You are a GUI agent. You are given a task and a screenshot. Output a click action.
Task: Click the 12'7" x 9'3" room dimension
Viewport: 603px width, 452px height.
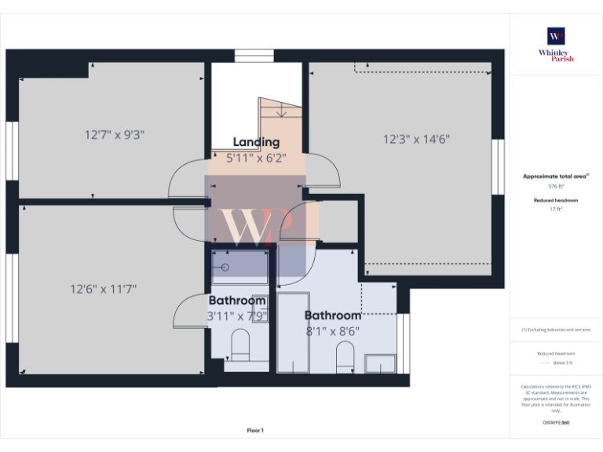tap(115, 134)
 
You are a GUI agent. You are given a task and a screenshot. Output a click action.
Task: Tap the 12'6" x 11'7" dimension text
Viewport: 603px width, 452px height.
tap(104, 289)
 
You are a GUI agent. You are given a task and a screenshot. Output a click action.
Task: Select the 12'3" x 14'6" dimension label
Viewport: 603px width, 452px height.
tap(416, 140)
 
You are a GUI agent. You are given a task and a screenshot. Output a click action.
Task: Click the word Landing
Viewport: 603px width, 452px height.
tap(256, 142)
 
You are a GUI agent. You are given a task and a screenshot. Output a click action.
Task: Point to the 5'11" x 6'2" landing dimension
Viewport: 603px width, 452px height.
tap(256, 158)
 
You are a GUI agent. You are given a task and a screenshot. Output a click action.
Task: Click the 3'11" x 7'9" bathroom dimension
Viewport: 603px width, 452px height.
tap(237, 316)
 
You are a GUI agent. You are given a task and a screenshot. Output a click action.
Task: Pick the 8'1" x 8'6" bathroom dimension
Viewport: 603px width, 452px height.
tap(333, 331)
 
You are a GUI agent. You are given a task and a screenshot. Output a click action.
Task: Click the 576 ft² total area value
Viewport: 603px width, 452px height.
tap(556, 187)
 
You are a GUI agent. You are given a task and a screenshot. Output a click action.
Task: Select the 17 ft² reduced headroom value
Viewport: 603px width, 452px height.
tap(556, 210)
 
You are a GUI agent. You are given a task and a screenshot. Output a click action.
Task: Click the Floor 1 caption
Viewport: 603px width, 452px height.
tap(255, 430)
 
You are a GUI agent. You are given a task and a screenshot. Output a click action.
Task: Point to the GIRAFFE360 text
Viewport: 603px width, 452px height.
tap(556, 423)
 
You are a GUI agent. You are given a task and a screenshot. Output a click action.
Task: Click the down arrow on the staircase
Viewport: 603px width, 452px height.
tap(281, 112)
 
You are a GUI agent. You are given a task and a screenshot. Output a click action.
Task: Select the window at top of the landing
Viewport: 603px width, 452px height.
tap(254, 56)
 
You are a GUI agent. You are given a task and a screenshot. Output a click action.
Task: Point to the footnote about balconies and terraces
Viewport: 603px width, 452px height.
tap(556, 330)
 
